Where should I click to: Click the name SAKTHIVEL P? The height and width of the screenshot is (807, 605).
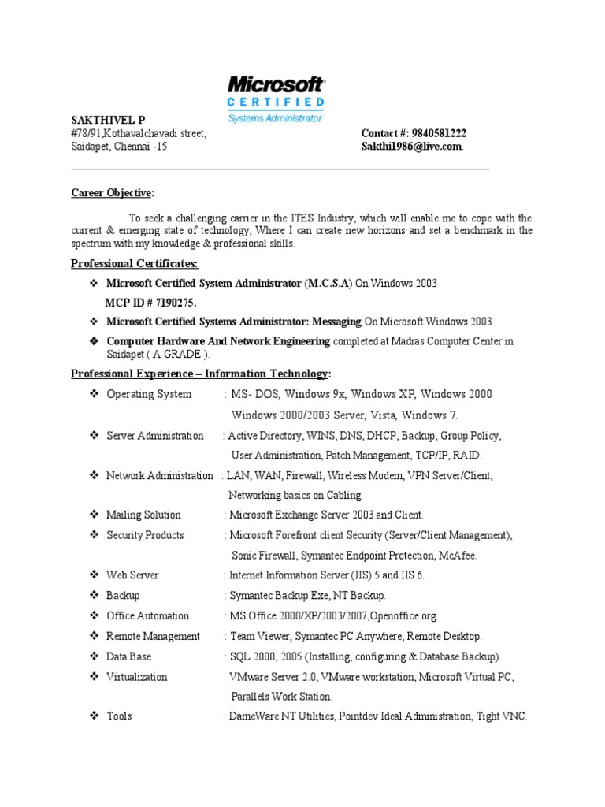click(108, 120)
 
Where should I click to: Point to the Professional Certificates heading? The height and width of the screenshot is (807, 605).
click(135, 263)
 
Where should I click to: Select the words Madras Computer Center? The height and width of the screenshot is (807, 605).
click(449, 341)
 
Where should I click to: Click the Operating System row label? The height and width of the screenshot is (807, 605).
click(149, 394)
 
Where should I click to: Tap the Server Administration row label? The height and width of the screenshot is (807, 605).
click(154, 436)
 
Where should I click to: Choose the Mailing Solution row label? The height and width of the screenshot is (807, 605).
click(143, 515)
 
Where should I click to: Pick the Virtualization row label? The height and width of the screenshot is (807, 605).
click(137, 676)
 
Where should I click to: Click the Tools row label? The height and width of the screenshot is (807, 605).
click(119, 716)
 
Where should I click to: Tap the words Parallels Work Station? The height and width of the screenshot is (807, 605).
click(281, 697)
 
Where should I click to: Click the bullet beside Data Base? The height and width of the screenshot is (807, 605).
click(92, 656)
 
